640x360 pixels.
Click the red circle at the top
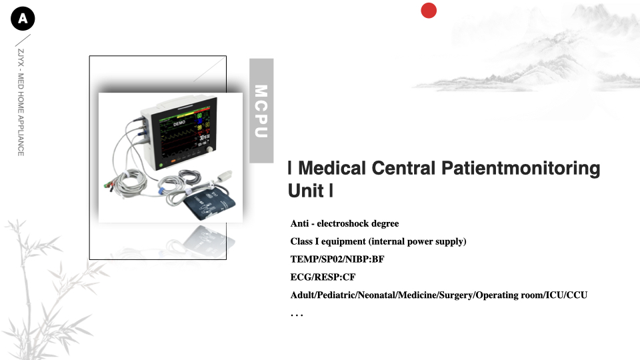point(429,11)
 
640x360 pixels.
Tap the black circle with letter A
point(23,19)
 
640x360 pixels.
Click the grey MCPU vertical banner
point(261,111)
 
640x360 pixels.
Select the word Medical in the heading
point(332,168)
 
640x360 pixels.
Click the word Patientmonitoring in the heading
point(521,169)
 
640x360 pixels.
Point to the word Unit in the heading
point(306,191)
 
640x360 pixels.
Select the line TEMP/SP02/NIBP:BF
point(337,259)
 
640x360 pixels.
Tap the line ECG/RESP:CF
point(323,277)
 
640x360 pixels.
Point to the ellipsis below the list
point(297,315)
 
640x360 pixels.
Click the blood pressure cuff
point(209,203)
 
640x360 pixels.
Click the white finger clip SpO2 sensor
point(224,176)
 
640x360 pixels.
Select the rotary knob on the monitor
point(209,150)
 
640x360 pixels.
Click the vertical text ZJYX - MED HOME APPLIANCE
point(21,102)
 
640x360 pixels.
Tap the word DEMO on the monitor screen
point(179,123)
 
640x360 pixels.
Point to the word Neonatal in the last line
point(377,295)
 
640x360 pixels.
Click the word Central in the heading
point(404,168)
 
